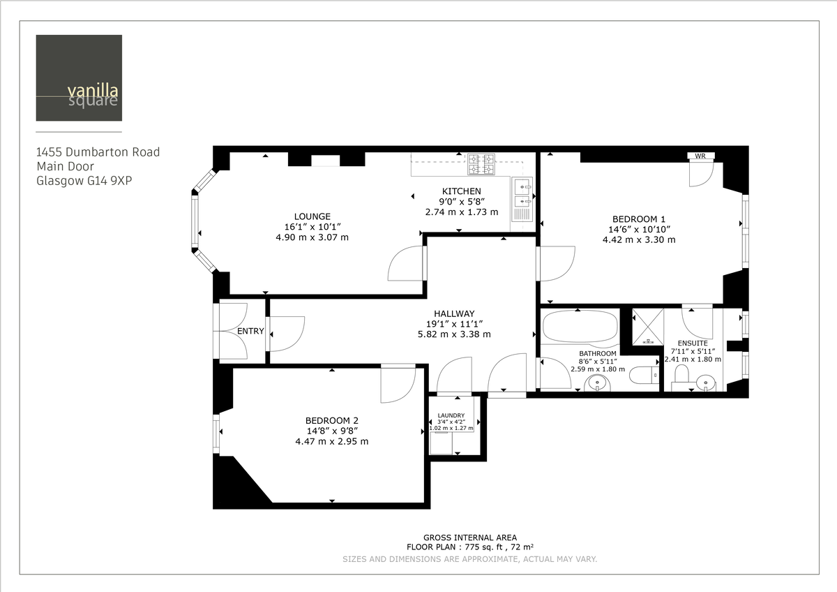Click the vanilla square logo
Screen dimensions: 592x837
[79, 77]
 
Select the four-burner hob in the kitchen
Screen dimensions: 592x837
[481, 164]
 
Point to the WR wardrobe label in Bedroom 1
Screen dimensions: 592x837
[700, 156]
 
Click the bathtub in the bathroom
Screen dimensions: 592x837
[580, 327]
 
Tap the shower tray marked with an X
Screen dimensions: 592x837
[647, 327]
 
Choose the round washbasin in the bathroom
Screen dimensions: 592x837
[598, 383]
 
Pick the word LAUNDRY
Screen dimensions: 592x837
[451, 415]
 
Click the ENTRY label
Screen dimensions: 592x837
[250, 331]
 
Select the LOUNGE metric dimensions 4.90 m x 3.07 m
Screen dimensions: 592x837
[312, 237]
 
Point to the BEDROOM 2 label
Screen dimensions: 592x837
[331, 420]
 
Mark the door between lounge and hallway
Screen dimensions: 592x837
[406, 264]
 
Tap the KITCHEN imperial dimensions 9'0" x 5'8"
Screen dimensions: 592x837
[461, 202]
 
